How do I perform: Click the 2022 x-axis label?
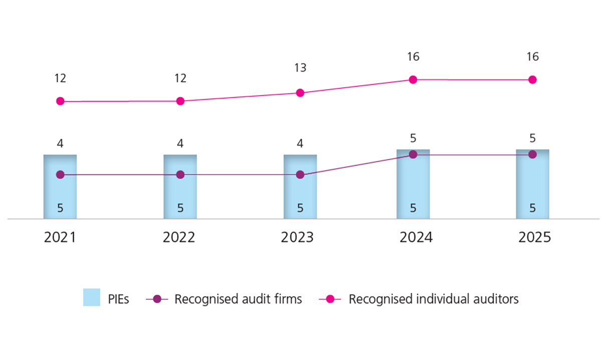179,237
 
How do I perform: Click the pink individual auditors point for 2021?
60,101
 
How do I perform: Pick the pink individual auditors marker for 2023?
300,93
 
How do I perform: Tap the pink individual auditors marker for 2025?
532,80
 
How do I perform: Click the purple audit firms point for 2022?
180,174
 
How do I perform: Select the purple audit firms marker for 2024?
413,154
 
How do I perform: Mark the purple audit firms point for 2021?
60,174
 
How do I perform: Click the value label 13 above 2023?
300,68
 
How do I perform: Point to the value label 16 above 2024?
413,57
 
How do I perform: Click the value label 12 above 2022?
180,78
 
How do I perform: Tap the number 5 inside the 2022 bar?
180,208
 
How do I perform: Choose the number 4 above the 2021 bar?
60,143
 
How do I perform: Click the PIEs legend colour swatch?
92,298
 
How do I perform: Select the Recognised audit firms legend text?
238,299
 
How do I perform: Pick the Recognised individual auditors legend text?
434,299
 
